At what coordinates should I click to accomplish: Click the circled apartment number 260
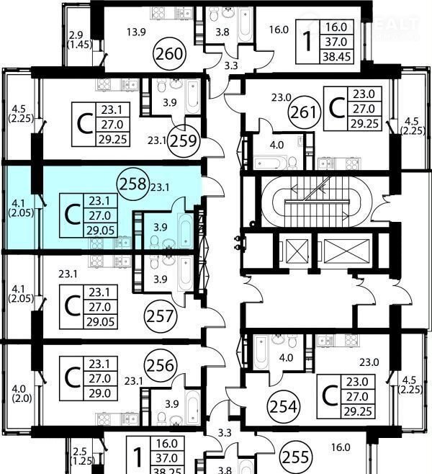(169, 54)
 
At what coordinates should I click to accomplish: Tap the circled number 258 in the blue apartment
(133, 184)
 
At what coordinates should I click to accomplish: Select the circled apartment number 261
(305, 112)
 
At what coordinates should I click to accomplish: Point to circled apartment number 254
(284, 406)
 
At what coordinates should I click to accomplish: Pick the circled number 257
(161, 316)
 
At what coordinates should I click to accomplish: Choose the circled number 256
(161, 366)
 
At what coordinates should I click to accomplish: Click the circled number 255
(296, 457)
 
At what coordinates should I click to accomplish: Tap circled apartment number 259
(184, 140)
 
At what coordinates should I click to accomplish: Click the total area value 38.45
(336, 56)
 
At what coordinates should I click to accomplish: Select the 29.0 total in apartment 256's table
(99, 393)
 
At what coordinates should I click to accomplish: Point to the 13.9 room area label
(136, 32)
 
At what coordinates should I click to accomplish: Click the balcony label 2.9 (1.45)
(80, 40)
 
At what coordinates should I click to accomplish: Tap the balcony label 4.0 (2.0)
(22, 393)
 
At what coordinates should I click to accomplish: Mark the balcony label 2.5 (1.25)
(82, 456)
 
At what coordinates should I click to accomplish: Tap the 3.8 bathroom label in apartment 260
(222, 32)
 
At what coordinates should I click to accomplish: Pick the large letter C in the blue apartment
(73, 215)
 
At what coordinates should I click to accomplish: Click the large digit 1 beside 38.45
(307, 42)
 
